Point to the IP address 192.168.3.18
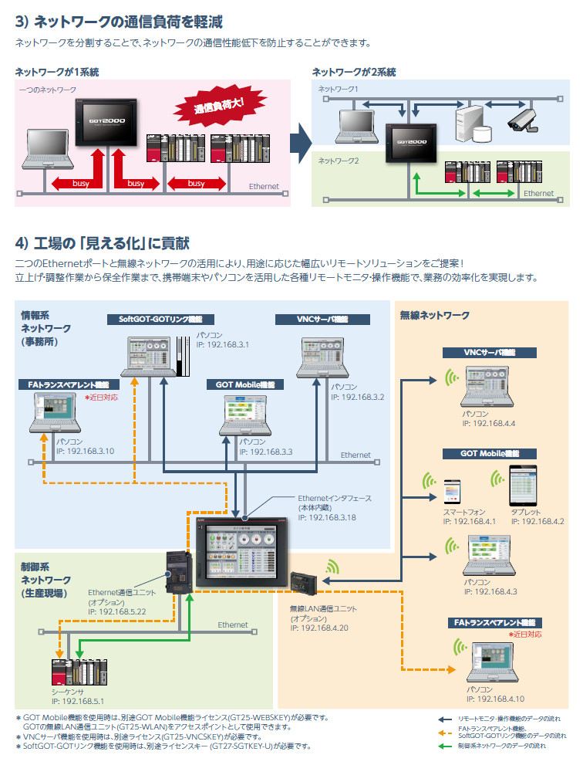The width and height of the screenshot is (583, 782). pos(327,516)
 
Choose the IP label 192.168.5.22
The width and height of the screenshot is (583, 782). pos(117,610)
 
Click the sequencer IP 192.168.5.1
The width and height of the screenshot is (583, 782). pos(77,701)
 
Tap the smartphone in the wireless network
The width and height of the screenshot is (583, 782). pos(451,493)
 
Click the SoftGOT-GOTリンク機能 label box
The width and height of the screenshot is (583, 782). pos(161,319)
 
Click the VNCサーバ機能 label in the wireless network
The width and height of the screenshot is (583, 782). pos(490,352)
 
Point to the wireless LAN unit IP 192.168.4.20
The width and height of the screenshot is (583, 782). pos(319,628)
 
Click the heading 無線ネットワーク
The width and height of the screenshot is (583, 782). pos(435,316)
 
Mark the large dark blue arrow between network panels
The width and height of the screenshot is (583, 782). pos(300,143)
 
